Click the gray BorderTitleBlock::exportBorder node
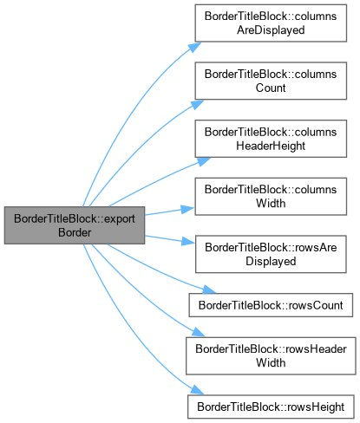[75, 225]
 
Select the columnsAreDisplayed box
[271, 23]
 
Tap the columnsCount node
[271, 81]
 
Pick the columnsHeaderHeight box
[271, 139]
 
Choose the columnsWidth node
[271, 197]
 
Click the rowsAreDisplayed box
[271, 254]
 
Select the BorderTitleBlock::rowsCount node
[271, 305]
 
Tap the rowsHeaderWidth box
[271, 356]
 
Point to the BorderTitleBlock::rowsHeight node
[271, 407]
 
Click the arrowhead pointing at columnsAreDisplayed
[194, 47]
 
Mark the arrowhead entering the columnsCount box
[198, 104]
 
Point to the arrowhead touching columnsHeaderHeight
[204, 161]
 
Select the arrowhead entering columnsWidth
[188, 209]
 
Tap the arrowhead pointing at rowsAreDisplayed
[188, 241]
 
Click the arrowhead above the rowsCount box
[209, 290]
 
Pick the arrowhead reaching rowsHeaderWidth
[199, 332]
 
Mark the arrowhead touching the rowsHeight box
[197, 390]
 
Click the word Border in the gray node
[75, 232]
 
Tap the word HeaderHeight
[271, 146]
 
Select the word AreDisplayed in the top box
[271, 30]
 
